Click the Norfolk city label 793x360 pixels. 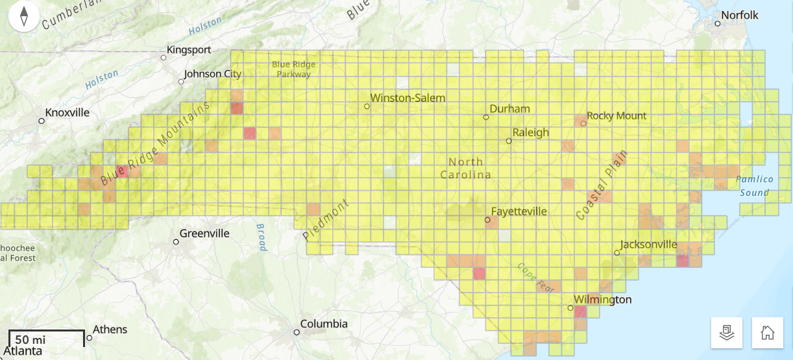(740, 15)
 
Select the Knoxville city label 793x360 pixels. (67, 112)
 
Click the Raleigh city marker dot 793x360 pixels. (509, 140)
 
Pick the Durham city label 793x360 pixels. (509, 108)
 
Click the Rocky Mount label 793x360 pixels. (616, 115)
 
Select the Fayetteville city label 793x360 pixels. (518, 211)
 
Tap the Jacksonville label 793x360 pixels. (649, 245)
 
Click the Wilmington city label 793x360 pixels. (604, 300)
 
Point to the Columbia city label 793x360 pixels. (324, 324)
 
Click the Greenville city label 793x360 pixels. (204, 234)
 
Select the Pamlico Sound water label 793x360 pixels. (755, 186)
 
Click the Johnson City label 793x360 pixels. (213, 74)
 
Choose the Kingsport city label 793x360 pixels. (189, 49)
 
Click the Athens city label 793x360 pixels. (110, 330)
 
